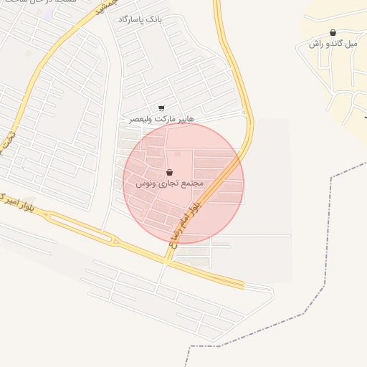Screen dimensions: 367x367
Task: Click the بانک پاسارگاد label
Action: (140, 19)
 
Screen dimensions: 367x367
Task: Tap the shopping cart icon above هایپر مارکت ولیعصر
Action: (161, 108)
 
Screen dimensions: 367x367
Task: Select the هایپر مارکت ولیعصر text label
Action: (161, 118)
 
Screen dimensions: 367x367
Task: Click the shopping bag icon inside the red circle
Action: (169, 173)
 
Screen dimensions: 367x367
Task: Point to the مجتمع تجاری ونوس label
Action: (170, 183)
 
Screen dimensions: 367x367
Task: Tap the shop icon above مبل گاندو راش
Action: (333, 33)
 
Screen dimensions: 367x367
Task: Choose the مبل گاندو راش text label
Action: (333, 44)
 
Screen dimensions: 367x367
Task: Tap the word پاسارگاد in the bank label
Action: (133, 19)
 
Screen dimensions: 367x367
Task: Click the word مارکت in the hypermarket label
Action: (164, 118)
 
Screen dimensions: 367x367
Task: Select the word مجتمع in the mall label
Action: (192, 183)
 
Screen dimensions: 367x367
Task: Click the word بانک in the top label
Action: (154, 19)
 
